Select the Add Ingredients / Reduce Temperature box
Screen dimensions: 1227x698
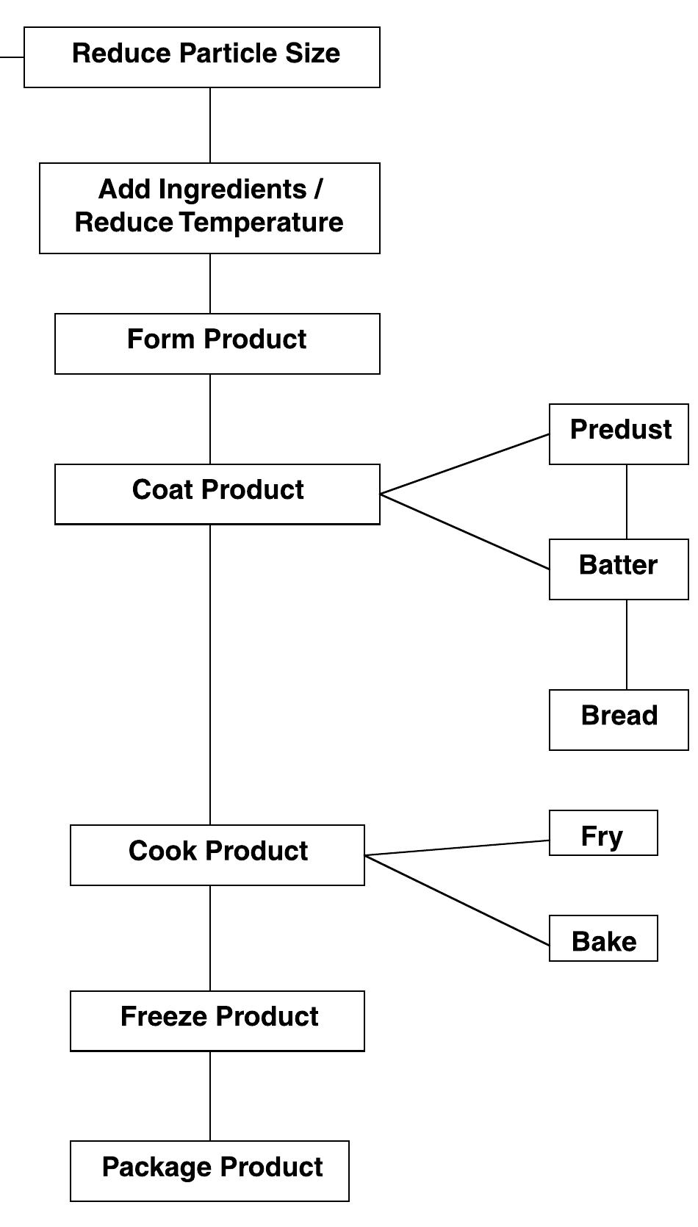[x=209, y=209]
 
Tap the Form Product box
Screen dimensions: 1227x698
[x=217, y=344]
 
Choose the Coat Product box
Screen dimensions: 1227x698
[x=217, y=494]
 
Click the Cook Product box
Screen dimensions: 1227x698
[x=217, y=854]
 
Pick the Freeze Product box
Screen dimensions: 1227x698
[x=217, y=1021]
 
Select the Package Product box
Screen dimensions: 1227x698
[x=209, y=1170]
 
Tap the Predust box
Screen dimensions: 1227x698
[x=619, y=433]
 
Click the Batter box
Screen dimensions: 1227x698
[x=619, y=569]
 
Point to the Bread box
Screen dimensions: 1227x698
[x=619, y=719]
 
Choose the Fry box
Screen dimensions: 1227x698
[x=603, y=832]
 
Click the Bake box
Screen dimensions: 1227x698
[x=603, y=938]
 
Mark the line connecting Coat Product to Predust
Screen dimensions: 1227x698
[x=464, y=464]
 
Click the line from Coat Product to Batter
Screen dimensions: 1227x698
[x=464, y=531]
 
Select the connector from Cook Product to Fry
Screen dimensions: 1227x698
[x=456, y=848]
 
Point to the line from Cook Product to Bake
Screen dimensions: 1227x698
[x=456, y=900]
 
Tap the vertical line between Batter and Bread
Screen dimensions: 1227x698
[x=627, y=644]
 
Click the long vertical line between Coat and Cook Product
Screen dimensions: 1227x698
[x=210, y=674]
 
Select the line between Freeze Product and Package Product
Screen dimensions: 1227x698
[x=210, y=1095]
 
